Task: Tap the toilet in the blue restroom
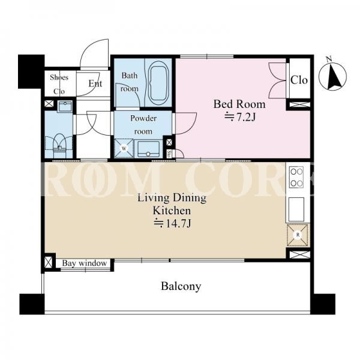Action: pyautogui.click(x=59, y=146)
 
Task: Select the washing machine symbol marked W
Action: pyautogui.click(x=124, y=148)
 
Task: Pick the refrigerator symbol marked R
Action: pyautogui.click(x=298, y=235)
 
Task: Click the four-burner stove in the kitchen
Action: pyautogui.click(x=296, y=178)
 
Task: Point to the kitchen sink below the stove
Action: pyautogui.click(x=296, y=209)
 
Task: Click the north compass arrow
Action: pyautogui.click(x=333, y=76)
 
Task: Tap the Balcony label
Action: pyautogui.click(x=181, y=286)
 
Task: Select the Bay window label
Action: pyautogui.click(x=85, y=263)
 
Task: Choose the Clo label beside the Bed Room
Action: pyautogui.click(x=299, y=80)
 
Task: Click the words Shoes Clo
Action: pyautogui.click(x=59, y=84)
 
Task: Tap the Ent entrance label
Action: pyautogui.click(x=95, y=83)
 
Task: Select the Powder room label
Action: pyautogui.click(x=143, y=125)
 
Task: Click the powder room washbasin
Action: pyautogui.click(x=148, y=149)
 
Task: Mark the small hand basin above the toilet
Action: pyautogui.click(x=65, y=106)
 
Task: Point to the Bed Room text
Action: pyautogui.click(x=239, y=104)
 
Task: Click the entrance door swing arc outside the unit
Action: pyautogui.click(x=94, y=53)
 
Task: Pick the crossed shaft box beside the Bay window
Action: pyautogui.click(x=49, y=262)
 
